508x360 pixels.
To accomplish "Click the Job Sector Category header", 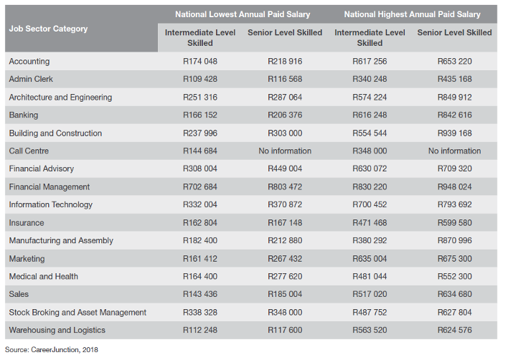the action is click(48, 29).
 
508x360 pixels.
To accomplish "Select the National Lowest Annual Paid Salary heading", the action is click(243, 14).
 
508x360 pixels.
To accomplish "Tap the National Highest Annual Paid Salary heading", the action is click(412, 14).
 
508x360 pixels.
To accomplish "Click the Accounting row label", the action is click(29, 62).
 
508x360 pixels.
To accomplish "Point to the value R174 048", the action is click(200, 61).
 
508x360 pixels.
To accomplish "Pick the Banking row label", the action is click(24, 115).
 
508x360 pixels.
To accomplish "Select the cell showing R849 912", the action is click(454, 97).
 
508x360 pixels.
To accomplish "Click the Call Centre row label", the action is click(29, 151).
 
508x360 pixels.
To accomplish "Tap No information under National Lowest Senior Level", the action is click(285, 151).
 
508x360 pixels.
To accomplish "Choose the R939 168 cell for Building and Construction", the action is click(454, 133).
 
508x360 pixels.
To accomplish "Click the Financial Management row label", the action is click(50, 187).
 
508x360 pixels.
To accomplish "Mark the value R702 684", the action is click(200, 186).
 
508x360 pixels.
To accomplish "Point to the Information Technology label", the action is click(50, 205).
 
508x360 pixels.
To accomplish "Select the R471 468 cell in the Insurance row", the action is click(370, 223).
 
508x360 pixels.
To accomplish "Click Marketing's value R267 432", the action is click(285, 259).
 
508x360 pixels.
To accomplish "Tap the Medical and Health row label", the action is click(44, 277).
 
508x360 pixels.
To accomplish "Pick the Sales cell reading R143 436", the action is click(200, 294).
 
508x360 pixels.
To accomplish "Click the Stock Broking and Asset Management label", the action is click(77, 313).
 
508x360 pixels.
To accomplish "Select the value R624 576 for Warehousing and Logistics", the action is click(454, 330).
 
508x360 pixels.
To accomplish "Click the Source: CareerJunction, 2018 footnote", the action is click(51, 350).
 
